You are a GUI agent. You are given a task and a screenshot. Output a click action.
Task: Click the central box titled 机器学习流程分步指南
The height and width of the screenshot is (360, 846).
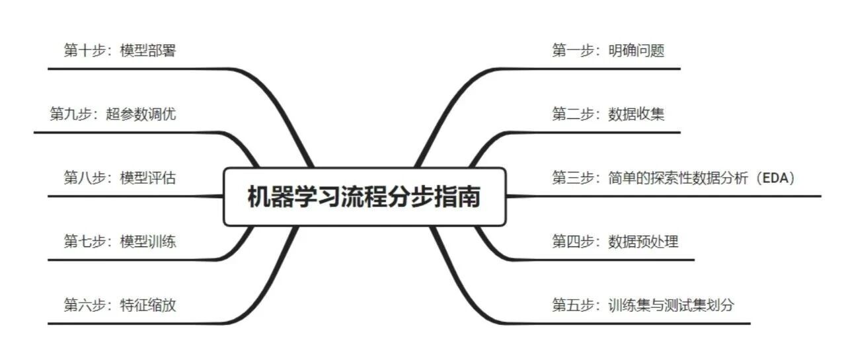[x=364, y=197]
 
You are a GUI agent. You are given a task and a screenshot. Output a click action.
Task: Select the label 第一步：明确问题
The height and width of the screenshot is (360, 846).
[x=608, y=50]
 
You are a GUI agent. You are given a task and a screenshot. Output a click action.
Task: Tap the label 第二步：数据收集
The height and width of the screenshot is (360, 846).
[x=608, y=114]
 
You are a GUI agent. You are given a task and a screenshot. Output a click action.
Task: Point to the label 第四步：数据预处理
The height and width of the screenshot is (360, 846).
[x=615, y=241]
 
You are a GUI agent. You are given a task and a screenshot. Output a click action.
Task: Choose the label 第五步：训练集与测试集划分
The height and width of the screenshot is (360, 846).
[x=643, y=305]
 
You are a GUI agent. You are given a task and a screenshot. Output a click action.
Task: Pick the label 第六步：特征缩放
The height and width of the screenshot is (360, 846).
[x=120, y=305]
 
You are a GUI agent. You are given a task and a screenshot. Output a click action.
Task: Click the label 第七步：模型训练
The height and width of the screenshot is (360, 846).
[x=120, y=241]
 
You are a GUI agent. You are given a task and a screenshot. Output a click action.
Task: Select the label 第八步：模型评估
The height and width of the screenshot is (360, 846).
[x=120, y=178]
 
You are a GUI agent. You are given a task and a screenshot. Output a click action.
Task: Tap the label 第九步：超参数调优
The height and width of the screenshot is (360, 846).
[x=112, y=114]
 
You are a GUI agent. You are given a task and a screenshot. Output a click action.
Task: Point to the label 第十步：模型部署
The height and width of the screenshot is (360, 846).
[x=120, y=50]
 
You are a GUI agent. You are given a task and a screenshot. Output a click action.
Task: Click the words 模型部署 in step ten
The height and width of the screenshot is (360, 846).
[x=148, y=50]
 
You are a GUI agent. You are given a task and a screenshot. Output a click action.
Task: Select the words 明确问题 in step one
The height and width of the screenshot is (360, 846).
[x=636, y=50]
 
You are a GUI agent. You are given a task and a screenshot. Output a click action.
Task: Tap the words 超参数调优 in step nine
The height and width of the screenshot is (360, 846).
[x=141, y=114]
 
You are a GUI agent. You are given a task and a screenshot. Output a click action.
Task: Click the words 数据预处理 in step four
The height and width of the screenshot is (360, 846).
[x=643, y=241]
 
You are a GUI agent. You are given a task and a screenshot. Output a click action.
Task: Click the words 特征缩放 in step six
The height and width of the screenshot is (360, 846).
[x=148, y=305]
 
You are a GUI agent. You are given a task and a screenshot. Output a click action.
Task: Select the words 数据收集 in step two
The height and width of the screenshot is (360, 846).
[x=636, y=114]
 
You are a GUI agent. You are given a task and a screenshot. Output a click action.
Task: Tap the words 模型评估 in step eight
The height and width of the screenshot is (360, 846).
[x=148, y=178]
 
